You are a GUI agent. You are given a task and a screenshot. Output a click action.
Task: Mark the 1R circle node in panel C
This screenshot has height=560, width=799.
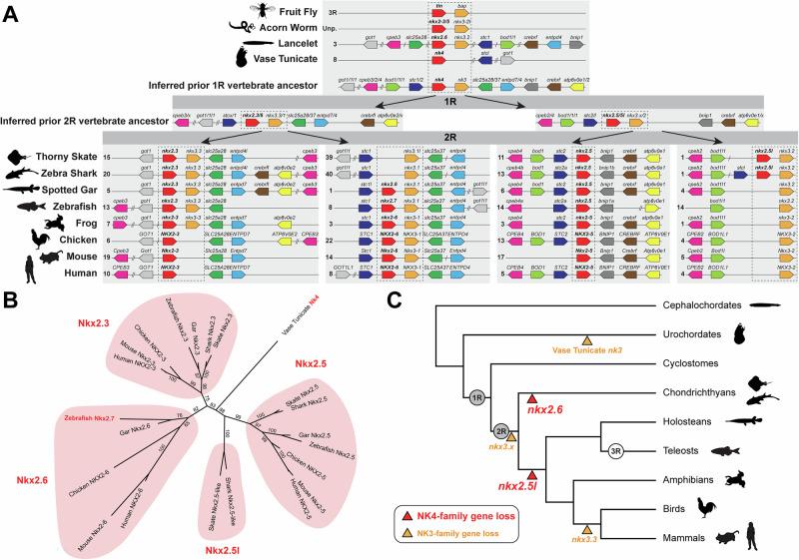[x=477, y=396]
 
